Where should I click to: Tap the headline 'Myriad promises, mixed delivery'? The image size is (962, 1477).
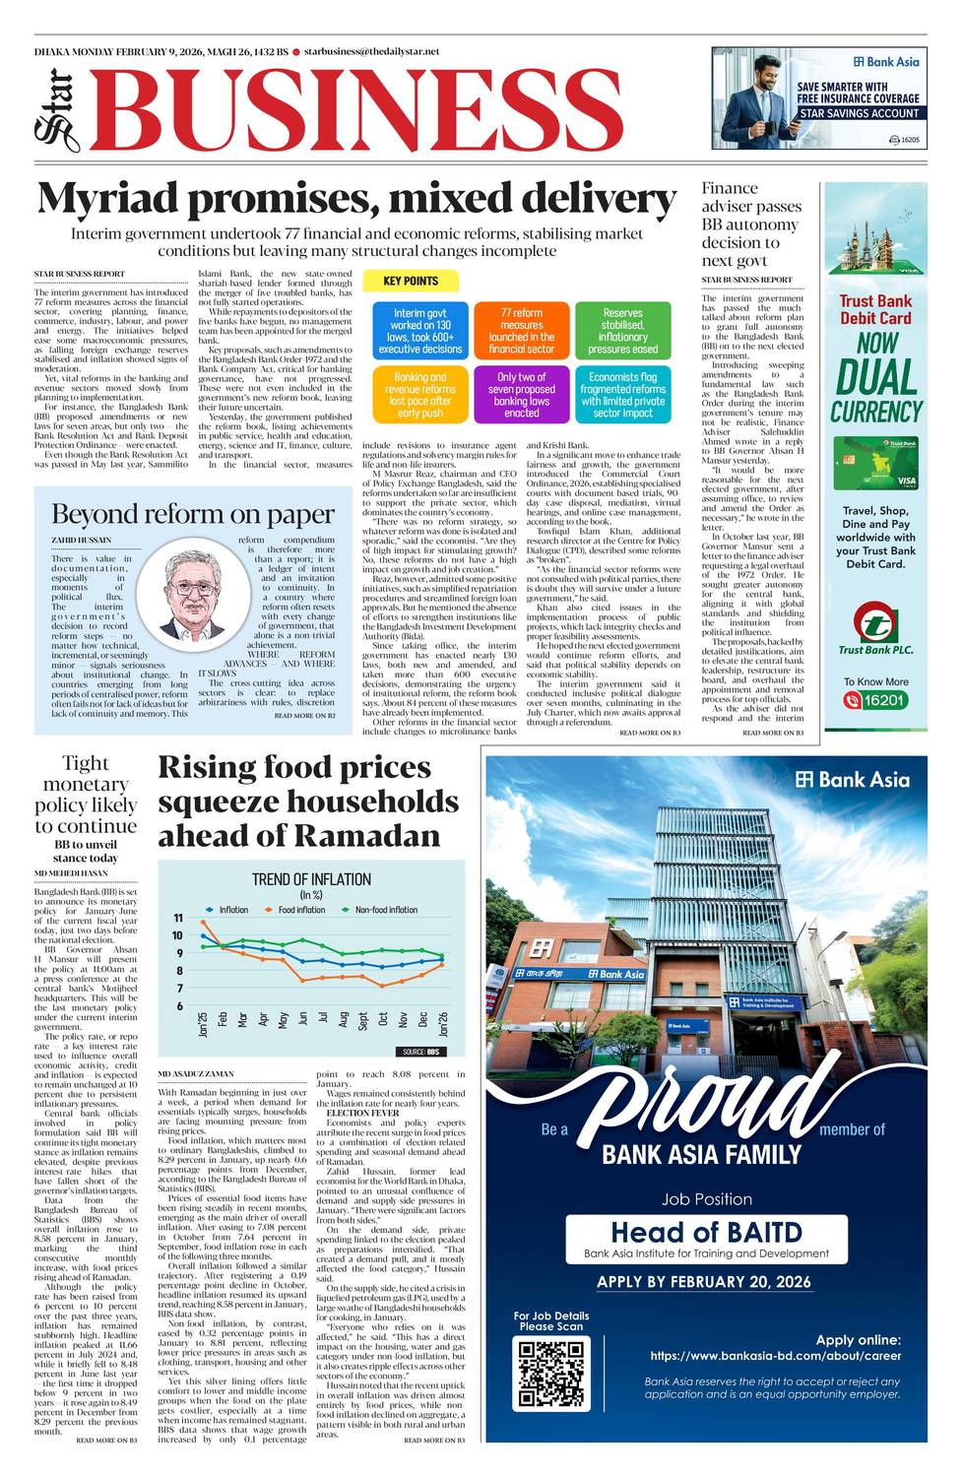point(356,199)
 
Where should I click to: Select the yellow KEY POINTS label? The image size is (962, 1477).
point(411,281)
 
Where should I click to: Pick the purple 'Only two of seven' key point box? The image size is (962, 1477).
point(521,394)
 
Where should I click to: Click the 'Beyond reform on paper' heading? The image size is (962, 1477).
point(192,515)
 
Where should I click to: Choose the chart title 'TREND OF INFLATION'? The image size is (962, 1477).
point(311,879)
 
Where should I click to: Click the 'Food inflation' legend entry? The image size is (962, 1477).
point(300,910)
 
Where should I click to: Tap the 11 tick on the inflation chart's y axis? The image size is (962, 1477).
point(178,918)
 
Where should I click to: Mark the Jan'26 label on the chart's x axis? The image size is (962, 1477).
point(444,1024)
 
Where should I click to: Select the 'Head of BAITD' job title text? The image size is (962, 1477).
point(706,1232)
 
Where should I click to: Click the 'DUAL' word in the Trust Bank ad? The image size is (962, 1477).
point(876,378)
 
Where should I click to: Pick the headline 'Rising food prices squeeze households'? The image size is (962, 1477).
point(307,802)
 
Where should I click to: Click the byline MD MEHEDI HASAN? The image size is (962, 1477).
point(71,873)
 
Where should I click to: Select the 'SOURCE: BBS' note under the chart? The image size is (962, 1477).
point(420,1052)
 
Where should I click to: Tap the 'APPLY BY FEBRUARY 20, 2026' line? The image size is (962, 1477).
point(704,1281)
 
